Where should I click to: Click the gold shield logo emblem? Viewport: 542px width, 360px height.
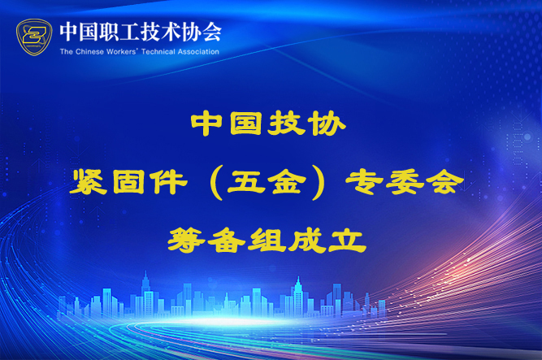tap(34, 37)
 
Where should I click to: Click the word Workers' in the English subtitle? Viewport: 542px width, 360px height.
tap(122, 52)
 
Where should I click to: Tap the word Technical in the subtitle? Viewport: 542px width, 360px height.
tap(158, 52)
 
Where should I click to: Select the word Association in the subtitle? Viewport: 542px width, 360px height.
tap(198, 52)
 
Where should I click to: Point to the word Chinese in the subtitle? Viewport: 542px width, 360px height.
tap(89, 52)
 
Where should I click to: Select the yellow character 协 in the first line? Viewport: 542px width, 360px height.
tap(327, 124)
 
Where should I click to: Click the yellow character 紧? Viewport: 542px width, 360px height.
tap(89, 182)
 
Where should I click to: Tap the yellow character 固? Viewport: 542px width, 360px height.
tap(128, 182)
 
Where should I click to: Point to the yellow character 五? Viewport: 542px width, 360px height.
tap(246, 182)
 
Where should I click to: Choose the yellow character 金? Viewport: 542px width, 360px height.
tap(287, 182)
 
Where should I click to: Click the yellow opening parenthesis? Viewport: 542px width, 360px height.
tap(216, 183)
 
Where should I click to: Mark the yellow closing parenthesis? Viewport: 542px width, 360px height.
tap(318, 183)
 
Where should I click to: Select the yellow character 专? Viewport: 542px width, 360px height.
tap(364, 182)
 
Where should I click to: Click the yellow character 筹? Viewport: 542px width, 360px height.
tap(187, 240)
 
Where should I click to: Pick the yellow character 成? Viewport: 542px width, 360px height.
tap(307, 240)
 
